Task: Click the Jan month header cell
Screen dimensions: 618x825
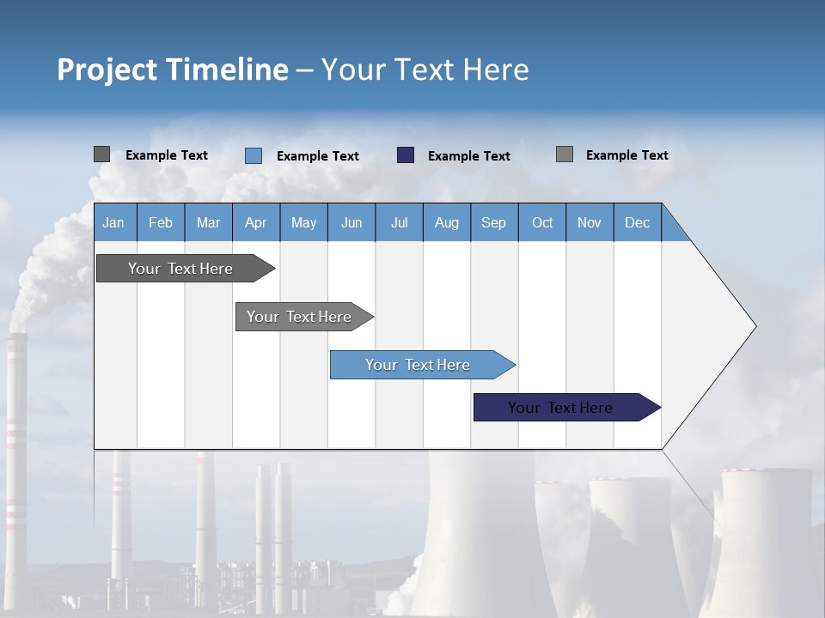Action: [x=113, y=222]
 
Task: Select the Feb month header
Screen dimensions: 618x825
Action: [x=161, y=222]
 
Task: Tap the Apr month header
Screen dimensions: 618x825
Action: [x=256, y=222]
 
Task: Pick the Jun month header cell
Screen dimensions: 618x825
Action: [x=351, y=222]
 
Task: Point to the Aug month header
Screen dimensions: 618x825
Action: [x=447, y=222]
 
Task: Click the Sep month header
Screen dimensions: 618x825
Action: [x=494, y=222]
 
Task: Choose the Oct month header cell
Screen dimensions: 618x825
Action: [x=542, y=222]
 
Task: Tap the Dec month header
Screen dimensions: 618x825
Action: [x=638, y=222]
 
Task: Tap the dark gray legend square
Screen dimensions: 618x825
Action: [x=101, y=154]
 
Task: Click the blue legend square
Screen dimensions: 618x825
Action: [x=254, y=155]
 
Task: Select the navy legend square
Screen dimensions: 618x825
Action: [x=406, y=155]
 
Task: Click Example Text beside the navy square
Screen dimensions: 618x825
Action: [x=469, y=155]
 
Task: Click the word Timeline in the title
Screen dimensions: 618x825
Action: [x=226, y=70]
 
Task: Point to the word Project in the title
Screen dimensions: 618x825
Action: [x=107, y=70]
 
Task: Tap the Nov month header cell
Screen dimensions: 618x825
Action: [x=590, y=222]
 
